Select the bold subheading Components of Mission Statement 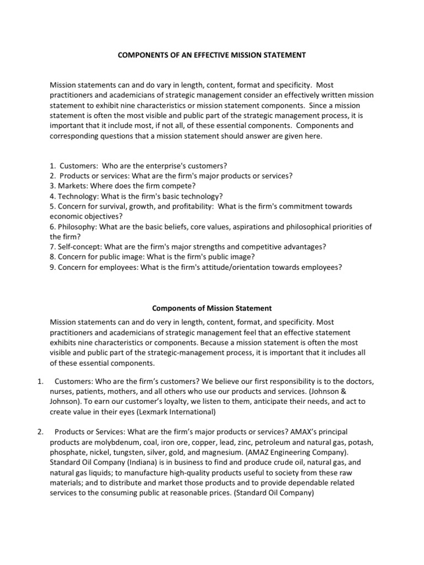211,308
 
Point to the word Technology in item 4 78,196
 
